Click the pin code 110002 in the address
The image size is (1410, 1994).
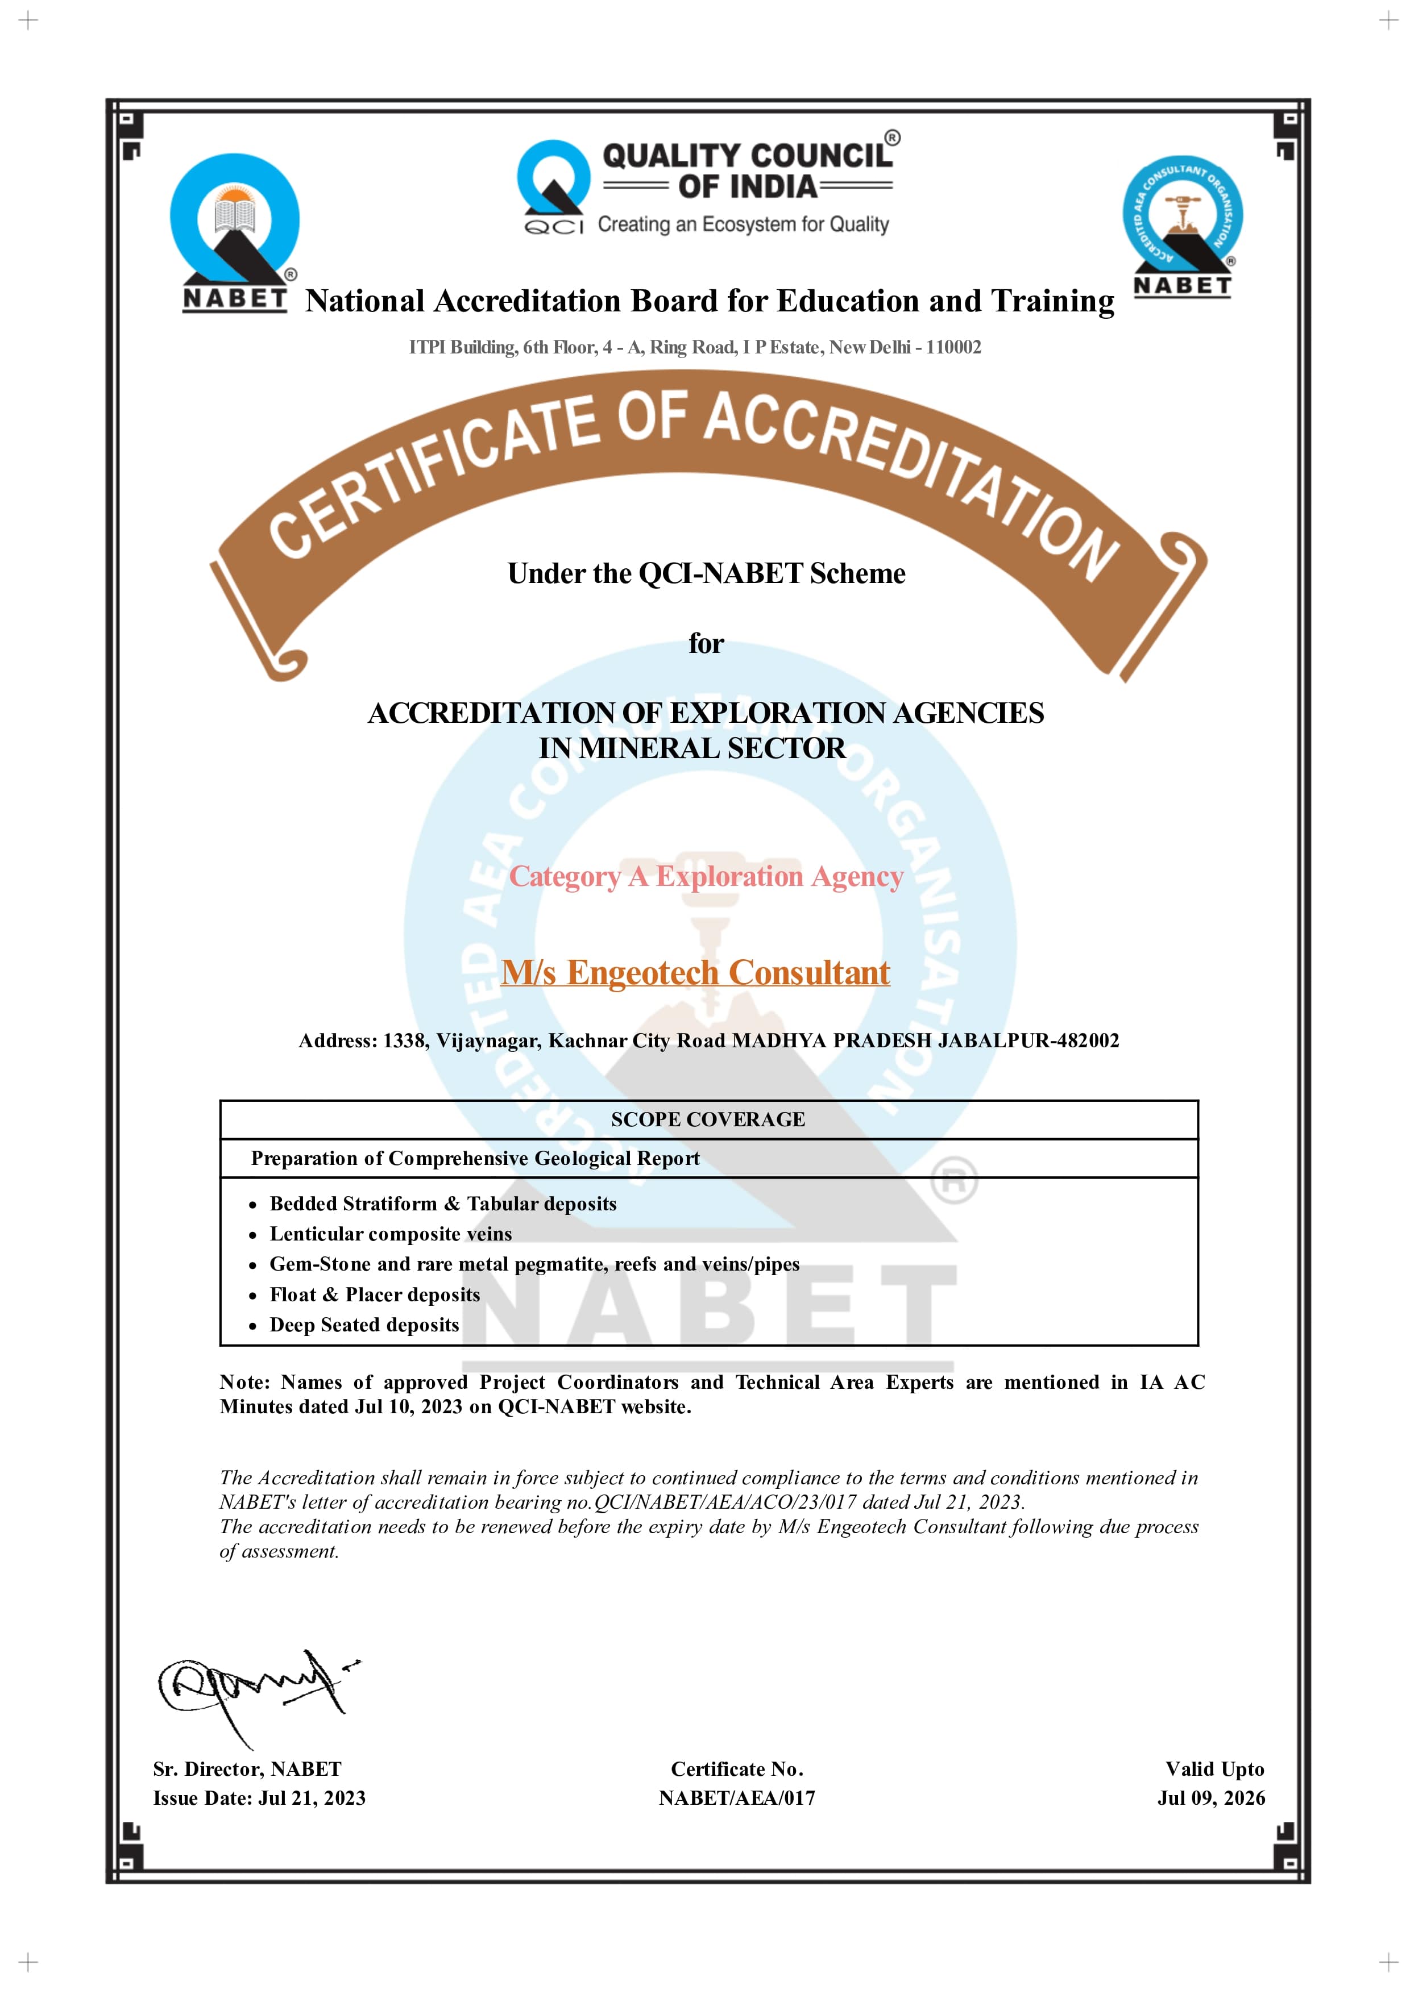(x=953, y=347)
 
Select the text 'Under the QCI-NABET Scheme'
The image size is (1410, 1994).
(x=706, y=573)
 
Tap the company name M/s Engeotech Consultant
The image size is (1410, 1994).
(x=695, y=973)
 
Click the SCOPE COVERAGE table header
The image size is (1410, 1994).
(x=707, y=1119)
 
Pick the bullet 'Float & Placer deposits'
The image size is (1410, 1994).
(x=375, y=1295)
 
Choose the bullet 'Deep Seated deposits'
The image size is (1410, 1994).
(x=364, y=1325)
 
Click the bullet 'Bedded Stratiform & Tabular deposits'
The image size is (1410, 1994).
(x=442, y=1204)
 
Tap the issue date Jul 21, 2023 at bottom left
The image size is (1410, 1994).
(x=311, y=1799)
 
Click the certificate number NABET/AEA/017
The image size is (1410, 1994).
(x=737, y=1799)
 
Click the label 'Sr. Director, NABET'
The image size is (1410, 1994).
(x=247, y=1770)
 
